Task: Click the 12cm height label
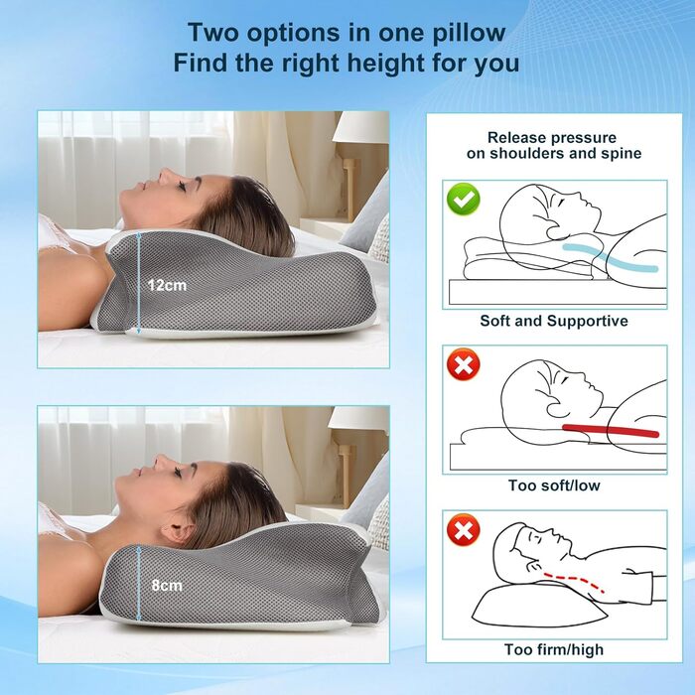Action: pyautogui.click(x=167, y=285)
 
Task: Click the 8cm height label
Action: pyautogui.click(x=166, y=585)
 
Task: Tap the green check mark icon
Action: pyautogui.click(x=463, y=200)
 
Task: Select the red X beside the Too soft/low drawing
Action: pyautogui.click(x=463, y=365)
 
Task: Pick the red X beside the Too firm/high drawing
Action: pyautogui.click(x=463, y=531)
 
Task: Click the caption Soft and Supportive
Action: pyautogui.click(x=554, y=321)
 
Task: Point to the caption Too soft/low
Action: pyautogui.click(x=554, y=486)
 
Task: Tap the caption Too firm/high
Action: pyautogui.click(x=554, y=650)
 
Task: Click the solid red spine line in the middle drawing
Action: pyautogui.click(x=610, y=430)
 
